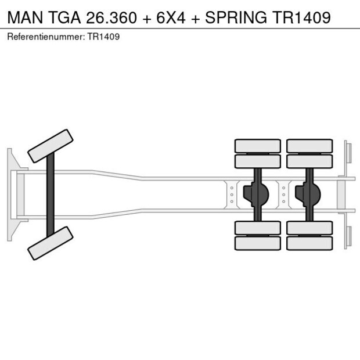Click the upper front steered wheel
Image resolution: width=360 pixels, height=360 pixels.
tap(51, 146)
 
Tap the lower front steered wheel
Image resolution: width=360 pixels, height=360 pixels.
tap(51, 243)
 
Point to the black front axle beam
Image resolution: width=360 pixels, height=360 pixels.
tap(51, 195)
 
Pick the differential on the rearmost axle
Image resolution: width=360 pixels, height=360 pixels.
tap(309, 195)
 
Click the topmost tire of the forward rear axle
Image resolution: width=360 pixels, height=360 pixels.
tap(257, 146)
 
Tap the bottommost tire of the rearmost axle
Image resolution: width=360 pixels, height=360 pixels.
tap(309, 243)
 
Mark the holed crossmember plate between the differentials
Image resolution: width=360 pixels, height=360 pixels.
tap(283, 195)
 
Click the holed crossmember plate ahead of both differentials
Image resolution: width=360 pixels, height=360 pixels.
tap(232, 195)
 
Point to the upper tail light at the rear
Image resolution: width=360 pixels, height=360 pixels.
tap(347, 152)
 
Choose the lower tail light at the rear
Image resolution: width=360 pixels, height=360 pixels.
tap(347, 237)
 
